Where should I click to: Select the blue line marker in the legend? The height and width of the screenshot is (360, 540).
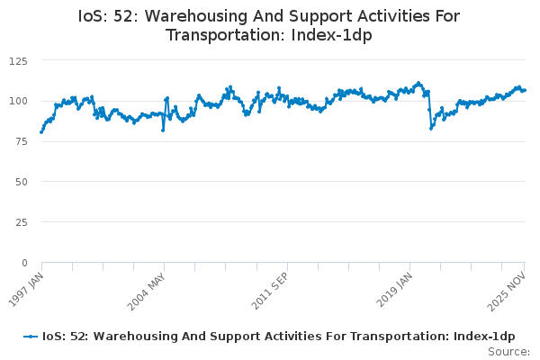(x=31, y=336)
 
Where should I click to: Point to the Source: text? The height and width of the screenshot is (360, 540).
(x=508, y=351)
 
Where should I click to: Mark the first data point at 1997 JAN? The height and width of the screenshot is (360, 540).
(x=41, y=131)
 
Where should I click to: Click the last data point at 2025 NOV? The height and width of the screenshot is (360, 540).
(x=525, y=90)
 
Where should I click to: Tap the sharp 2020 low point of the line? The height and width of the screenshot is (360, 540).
(x=431, y=128)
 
